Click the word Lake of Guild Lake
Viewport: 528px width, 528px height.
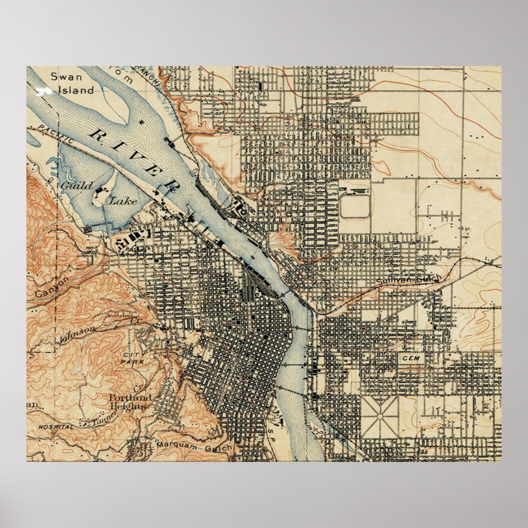[119, 200]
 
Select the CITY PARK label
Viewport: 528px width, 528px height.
[129, 358]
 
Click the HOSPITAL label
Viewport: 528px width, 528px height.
[56, 427]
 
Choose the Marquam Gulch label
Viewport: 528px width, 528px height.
[195, 446]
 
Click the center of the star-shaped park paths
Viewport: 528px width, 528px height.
[380, 417]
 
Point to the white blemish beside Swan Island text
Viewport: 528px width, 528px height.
[44, 90]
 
